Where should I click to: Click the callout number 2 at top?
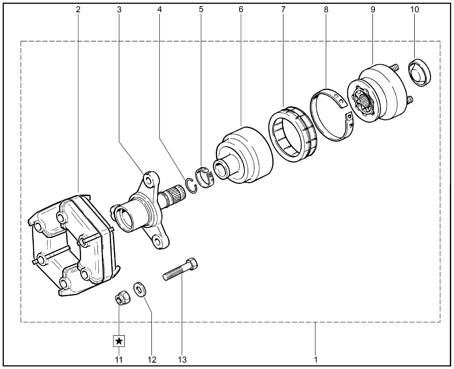[x=78, y=10]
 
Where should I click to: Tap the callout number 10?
[x=415, y=10]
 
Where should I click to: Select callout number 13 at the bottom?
[x=182, y=360]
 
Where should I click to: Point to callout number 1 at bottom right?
[x=316, y=360]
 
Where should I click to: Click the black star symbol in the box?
[x=119, y=341]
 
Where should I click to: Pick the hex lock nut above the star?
[x=123, y=298]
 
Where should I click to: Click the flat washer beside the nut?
[x=140, y=290]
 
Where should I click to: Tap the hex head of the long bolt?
[x=192, y=264]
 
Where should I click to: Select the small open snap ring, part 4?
[x=190, y=186]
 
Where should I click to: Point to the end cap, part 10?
[x=420, y=73]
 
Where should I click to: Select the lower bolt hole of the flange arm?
[x=159, y=241]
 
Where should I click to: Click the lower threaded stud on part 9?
[x=410, y=100]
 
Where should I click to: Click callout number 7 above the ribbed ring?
[x=283, y=10]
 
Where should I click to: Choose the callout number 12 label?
[x=152, y=360]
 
